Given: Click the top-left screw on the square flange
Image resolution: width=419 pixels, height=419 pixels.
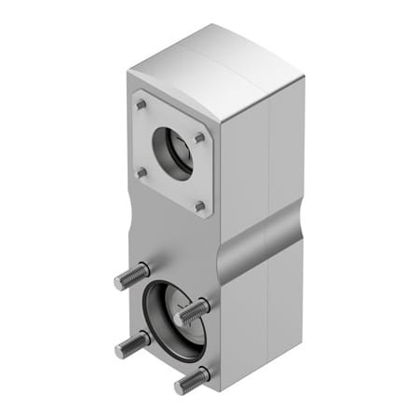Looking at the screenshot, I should tap(140, 105).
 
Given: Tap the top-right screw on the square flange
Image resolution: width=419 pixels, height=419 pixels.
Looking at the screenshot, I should tap(198, 137).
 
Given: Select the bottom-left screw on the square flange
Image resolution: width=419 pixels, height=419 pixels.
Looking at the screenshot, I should tap(142, 172).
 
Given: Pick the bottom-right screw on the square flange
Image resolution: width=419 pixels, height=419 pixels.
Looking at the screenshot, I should tap(199, 207).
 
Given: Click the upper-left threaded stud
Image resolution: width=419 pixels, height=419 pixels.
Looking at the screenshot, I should tap(131, 277).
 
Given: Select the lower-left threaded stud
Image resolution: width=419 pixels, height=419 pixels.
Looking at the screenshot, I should tap(130, 345).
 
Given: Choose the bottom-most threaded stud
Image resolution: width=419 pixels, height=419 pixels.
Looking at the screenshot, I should tap(190, 380).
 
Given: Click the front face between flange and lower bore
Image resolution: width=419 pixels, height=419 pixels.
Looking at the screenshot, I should tap(172, 242).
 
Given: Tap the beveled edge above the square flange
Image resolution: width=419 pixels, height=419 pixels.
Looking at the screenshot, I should tap(177, 93).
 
